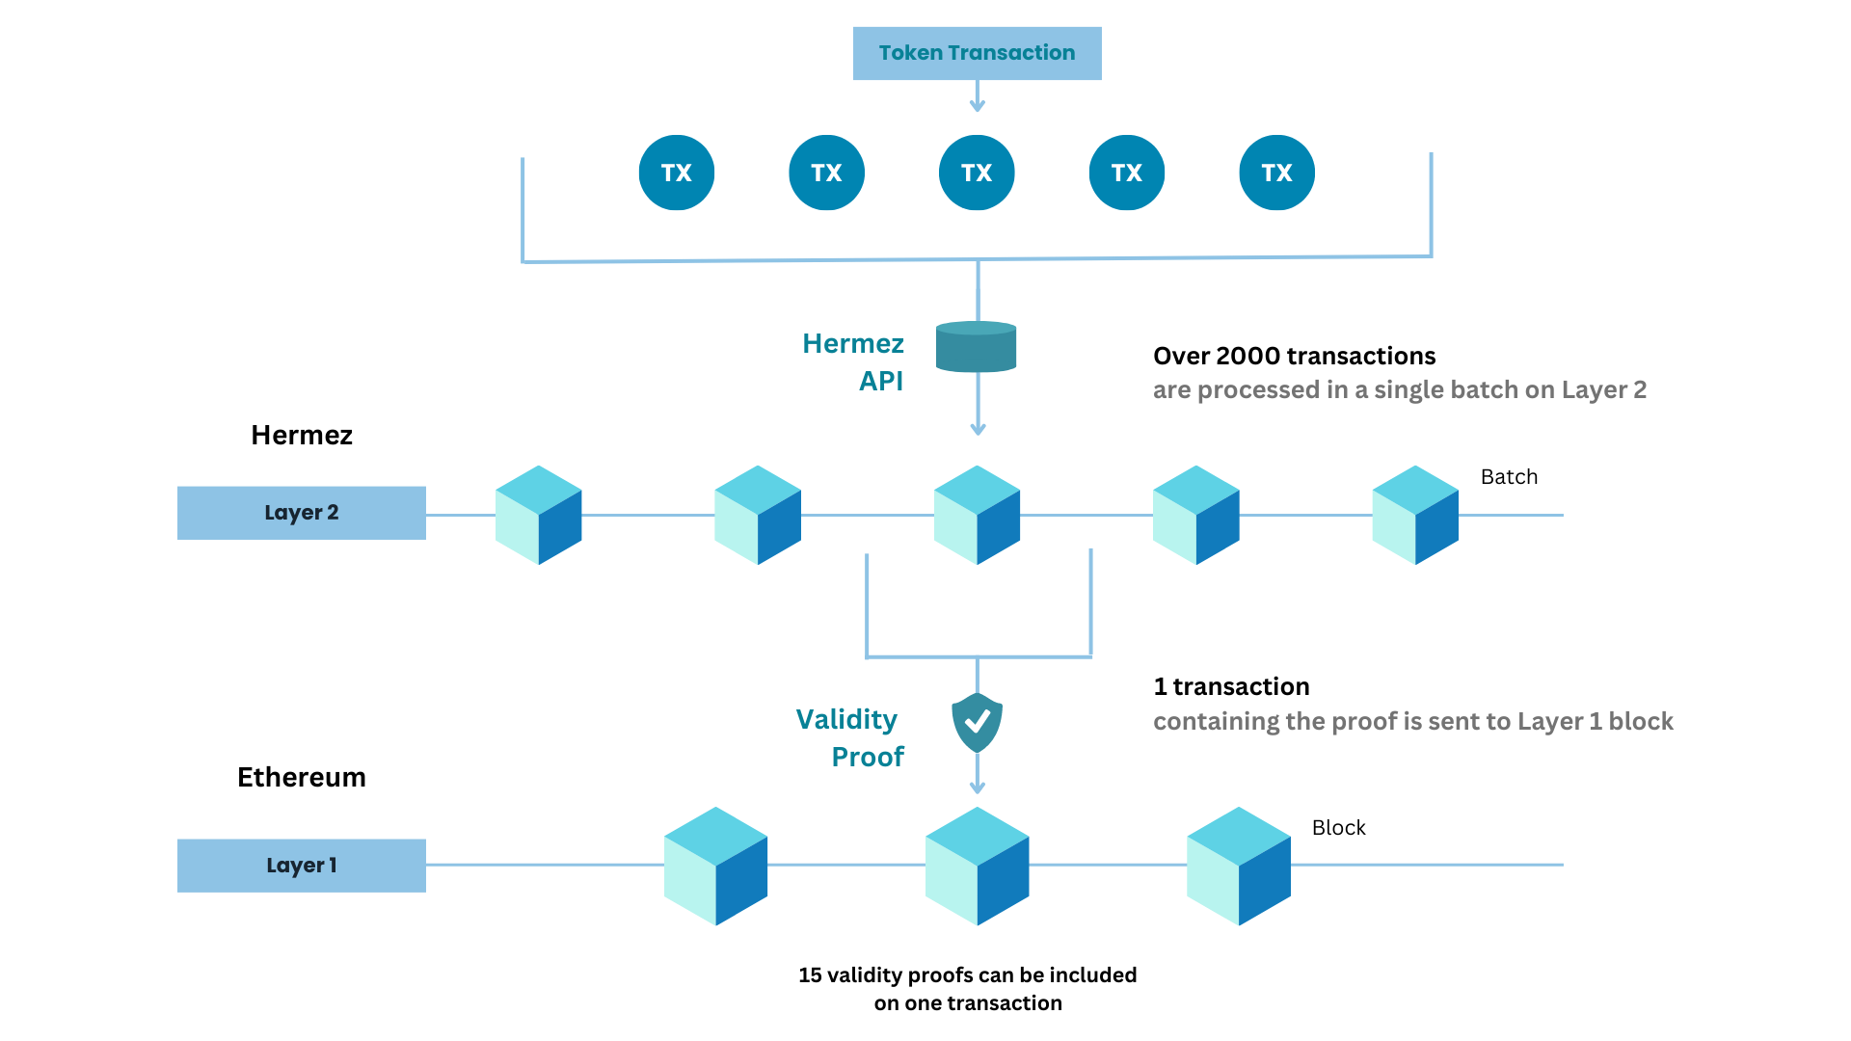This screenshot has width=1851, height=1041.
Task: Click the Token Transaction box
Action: pos(977,53)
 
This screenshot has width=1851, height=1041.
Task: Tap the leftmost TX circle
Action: pos(676,173)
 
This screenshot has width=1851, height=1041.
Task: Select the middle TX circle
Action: pos(977,173)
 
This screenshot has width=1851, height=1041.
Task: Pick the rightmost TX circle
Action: pos(1276,173)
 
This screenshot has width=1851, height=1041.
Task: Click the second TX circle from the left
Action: pos(826,173)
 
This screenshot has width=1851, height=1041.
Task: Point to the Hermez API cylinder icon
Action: pos(977,347)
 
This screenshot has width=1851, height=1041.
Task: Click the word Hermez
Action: pos(853,343)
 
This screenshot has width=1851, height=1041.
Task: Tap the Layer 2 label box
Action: pos(301,513)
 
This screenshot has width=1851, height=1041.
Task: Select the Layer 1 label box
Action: pos(301,866)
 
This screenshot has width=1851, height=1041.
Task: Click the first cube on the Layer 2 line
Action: pos(538,515)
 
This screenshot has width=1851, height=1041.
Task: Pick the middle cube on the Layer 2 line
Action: pos(977,515)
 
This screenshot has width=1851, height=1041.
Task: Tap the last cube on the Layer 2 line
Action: pos(1414,515)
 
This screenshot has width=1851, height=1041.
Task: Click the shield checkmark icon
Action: pos(977,722)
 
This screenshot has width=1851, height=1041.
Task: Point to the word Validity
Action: pos(846,719)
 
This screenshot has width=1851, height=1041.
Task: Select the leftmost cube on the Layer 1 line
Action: pos(715,866)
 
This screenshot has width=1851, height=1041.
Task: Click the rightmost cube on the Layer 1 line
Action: pos(1238,866)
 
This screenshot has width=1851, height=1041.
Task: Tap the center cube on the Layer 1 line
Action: pos(977,866)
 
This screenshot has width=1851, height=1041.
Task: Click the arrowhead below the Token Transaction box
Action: pos(977,106)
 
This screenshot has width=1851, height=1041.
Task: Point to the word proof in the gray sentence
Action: pos(1362,721)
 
